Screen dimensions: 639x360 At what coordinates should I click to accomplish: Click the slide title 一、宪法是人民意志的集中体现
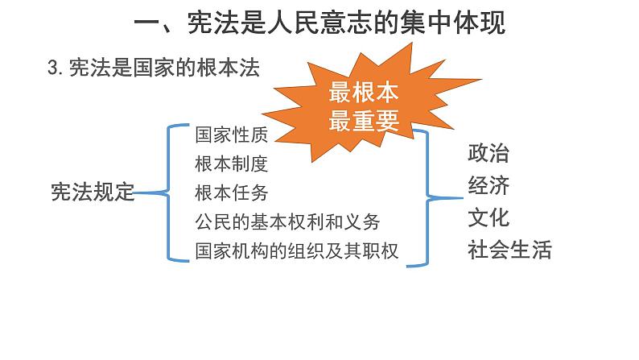[319, 24]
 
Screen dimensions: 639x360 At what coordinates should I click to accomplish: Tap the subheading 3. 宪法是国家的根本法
[154, 68]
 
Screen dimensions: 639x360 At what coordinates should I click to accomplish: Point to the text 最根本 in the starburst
[365, 93]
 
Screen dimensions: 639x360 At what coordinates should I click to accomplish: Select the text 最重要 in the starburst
[365, 119]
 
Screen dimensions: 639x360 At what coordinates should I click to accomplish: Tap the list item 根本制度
[231, 163]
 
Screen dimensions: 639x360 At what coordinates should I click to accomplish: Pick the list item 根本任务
[231, 192]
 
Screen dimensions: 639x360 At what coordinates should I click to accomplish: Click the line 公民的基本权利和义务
[287, 221]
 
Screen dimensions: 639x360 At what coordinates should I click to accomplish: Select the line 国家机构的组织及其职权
[296, 250]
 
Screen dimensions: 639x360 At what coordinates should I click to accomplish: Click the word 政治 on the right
[489, 153]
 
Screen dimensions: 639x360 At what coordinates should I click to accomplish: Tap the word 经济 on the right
[489, 185]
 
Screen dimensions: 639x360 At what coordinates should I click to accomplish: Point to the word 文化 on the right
[489, 217]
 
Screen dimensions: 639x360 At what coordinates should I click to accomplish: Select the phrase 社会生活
[509, 250]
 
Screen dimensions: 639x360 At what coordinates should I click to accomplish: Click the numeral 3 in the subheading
[53, 69]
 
